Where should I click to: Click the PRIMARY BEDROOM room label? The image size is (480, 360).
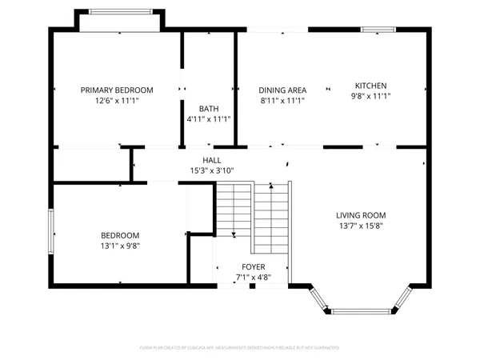point(117,90)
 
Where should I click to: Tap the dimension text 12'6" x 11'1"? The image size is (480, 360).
point(117,101)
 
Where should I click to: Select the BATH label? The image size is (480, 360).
point(208,109)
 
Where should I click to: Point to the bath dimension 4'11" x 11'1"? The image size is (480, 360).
point(208,119)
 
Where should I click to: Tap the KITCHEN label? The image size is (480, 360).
point(371,86)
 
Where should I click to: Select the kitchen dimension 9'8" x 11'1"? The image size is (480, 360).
point(371,96)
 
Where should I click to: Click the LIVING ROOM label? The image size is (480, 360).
point(361,215)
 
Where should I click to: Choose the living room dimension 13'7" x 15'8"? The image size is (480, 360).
point(361,226)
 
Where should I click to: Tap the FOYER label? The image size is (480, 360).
point(254,266)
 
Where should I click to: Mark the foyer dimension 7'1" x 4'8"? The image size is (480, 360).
point(254,277)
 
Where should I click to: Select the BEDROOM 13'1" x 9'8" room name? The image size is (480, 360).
point(120,235)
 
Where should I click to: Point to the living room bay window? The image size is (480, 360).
point(365,308)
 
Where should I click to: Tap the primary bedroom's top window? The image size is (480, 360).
point(120,11)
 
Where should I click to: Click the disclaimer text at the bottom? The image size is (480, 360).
point(240,348)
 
